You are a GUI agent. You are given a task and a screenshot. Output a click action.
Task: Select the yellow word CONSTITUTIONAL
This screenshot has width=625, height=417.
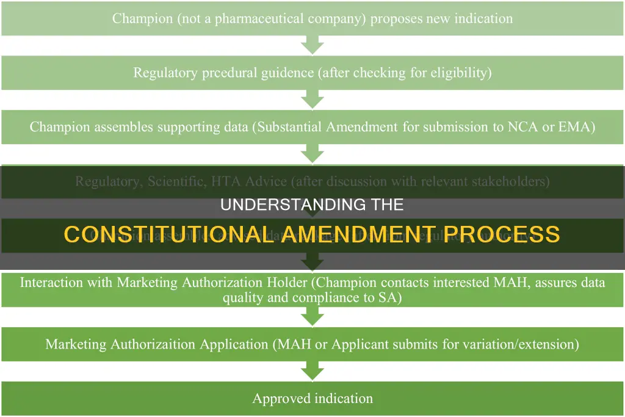pos(167,234)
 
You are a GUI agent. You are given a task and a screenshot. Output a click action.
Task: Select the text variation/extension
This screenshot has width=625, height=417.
pos(513,344)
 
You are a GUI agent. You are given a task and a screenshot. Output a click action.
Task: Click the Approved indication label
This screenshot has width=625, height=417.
pos(312,399)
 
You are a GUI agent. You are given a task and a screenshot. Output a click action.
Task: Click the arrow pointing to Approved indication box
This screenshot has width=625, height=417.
pos(312,371)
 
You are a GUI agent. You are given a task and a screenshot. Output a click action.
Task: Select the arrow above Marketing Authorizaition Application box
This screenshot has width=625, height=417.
pos(312,316)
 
